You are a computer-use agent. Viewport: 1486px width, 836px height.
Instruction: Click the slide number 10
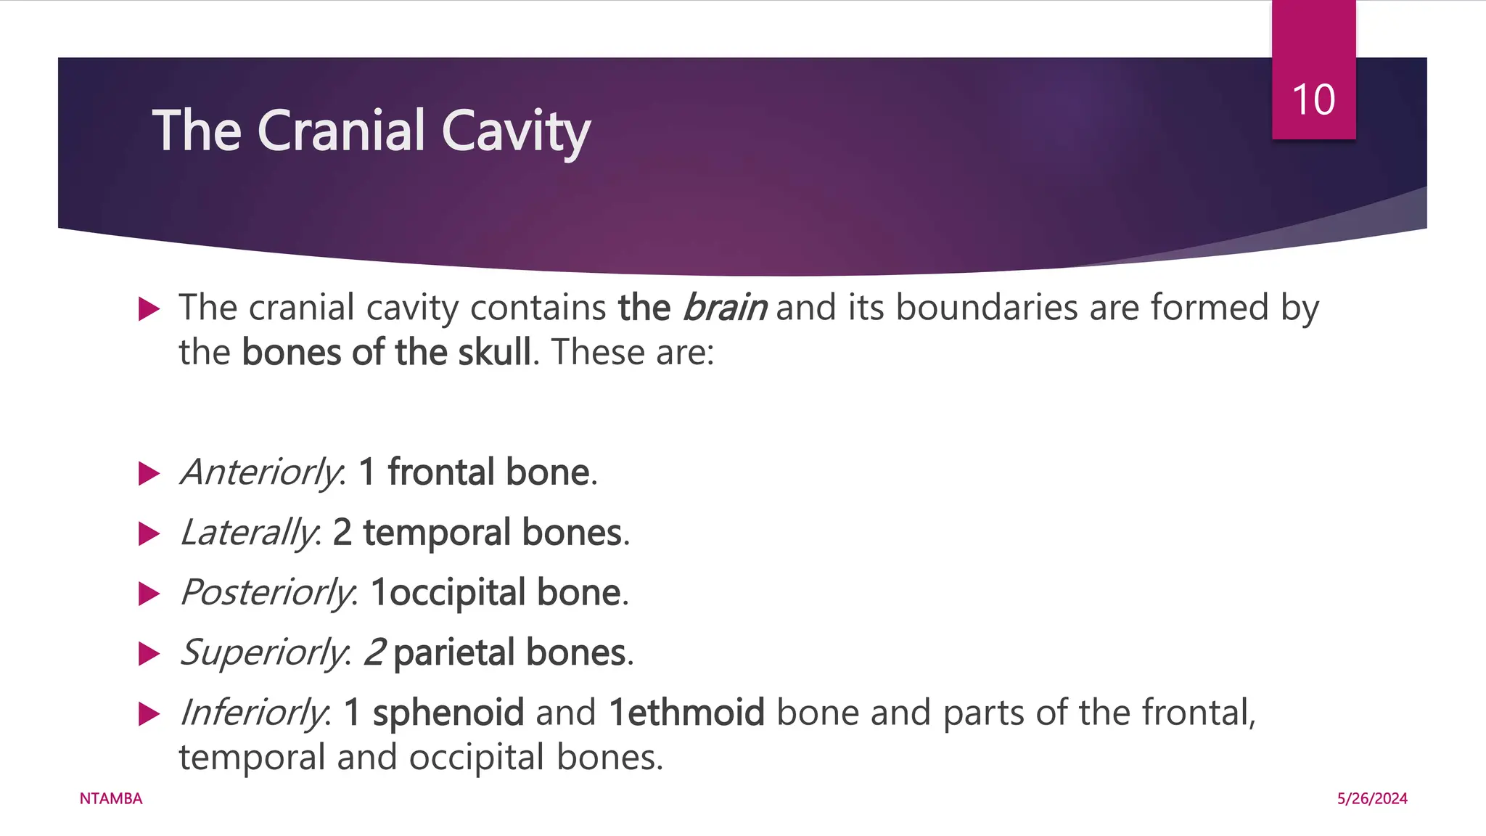(1313, 99)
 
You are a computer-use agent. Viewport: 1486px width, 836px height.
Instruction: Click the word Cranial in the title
(340, 131)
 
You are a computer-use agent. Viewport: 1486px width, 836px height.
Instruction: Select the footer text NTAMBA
(111, 798)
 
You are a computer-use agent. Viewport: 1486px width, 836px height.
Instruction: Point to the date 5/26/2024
(1372, 798)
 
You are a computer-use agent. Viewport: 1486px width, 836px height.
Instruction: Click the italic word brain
(724, 307)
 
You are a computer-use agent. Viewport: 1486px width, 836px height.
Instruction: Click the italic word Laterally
(249, 533)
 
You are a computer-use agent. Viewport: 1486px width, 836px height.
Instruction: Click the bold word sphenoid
(448, 712)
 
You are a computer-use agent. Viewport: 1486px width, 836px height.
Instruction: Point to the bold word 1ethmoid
(686, 712)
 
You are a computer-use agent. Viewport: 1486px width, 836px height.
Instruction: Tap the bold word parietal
(454, 652)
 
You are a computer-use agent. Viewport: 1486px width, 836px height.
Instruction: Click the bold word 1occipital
(448, 593)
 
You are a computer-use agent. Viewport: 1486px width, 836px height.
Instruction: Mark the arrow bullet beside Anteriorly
(149, 474)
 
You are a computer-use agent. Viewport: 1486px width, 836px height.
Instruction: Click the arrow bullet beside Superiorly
(149, 654)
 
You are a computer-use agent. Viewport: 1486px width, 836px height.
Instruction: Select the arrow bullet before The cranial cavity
(149, 309)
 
